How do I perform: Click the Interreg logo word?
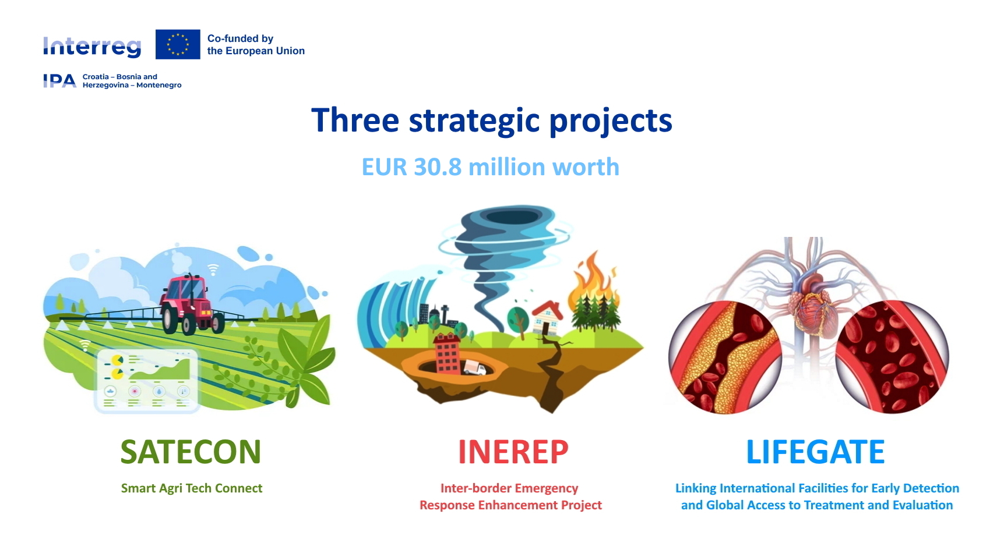click(92, 47)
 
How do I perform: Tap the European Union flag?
click(178, 44)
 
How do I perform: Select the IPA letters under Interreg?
click(59, 81)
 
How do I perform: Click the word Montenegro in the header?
click(158, 85)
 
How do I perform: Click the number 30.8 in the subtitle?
click(438, 167)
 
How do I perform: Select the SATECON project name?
click(191, 452)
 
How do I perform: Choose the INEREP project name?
click(513, 452)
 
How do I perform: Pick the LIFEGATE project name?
click(815, 452)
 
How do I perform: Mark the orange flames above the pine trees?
click(593, 279)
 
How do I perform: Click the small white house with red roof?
click(547, 318)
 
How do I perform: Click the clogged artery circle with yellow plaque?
click(725, 357)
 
